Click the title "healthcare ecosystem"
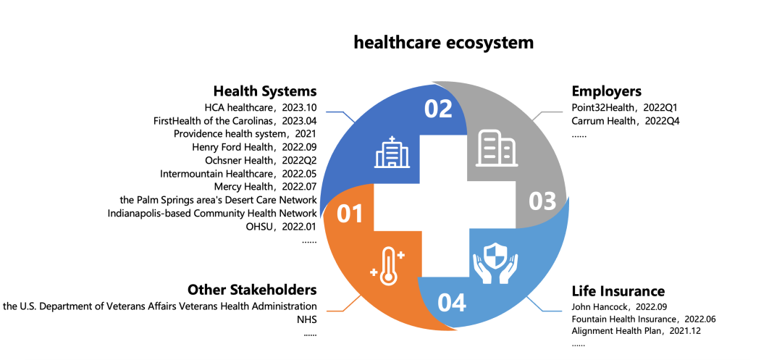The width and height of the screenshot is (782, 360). point(443,43)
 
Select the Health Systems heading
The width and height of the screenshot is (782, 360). point(265,91)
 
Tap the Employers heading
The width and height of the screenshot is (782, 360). point(607,92)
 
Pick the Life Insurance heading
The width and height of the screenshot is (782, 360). point(618,291)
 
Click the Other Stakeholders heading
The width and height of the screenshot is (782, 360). point(252,290)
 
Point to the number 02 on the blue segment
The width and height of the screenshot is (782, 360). point(438,109)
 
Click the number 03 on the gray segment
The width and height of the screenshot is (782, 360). point(542,202)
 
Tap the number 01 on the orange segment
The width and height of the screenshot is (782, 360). point(349,214)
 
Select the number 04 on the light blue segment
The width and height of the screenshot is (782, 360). point(452,303)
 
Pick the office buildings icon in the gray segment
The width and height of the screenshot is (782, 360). point(497,148)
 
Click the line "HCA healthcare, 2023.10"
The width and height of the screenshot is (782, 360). point(261,107)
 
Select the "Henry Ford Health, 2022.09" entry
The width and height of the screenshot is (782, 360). point(254,147)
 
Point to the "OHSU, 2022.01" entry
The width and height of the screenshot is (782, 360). point(281,227)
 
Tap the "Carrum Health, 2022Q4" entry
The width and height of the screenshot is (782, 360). point(626,121)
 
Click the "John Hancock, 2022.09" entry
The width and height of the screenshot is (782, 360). point(619,306)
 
